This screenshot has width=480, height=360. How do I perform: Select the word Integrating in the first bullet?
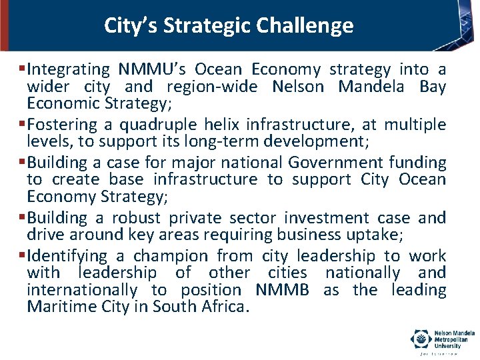(x=69, y=69)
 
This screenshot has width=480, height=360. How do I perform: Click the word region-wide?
(x=217, y=87)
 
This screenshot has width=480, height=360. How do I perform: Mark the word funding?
(x=417, y=163)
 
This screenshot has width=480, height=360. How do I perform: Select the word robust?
(x=136, y=218)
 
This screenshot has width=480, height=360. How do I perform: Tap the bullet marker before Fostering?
(x=23, y=125)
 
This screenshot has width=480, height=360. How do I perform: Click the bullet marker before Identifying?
(x=23, y=256)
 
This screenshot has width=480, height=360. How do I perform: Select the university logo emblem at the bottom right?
(x=421, y=339)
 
